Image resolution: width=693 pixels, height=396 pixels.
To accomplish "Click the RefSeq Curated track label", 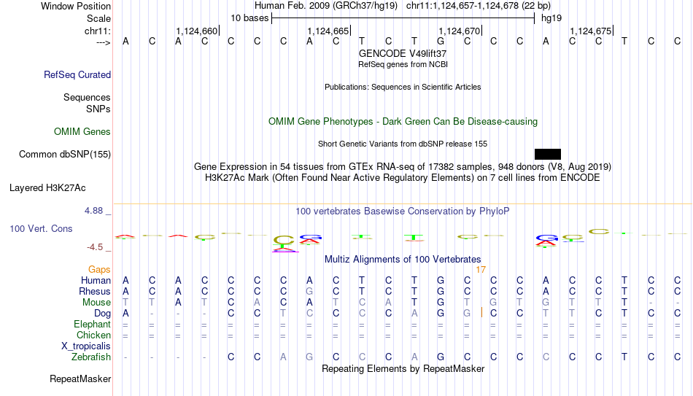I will (77, 75).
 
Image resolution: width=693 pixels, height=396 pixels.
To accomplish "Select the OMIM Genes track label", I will (82, 132).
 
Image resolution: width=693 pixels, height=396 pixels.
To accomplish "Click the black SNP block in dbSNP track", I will (547, 154).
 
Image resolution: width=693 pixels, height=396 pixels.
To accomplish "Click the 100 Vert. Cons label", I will (41, 229).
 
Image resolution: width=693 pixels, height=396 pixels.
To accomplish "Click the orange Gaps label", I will (99, 270).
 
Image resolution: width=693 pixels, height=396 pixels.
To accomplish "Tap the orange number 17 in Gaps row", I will (481, 270).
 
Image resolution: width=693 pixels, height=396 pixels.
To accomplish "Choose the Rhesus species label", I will (94, 292).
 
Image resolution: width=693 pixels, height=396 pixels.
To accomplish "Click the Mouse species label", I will (96, 303).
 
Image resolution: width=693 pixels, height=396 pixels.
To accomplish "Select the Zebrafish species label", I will (91, 357).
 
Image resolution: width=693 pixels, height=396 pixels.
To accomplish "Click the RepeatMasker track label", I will (80, 379).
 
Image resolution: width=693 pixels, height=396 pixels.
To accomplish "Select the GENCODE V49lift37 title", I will (403, 54).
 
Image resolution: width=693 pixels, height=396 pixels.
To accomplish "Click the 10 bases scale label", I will (249, 18).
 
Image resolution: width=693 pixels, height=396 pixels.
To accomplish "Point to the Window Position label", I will (76, 7).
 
